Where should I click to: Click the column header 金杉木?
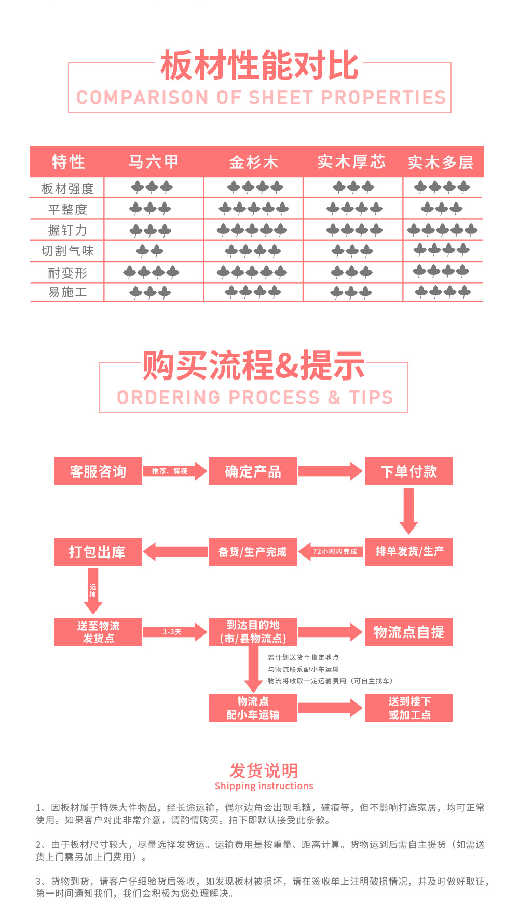pos(254,163)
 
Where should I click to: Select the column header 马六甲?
pos(154,162)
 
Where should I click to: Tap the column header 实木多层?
pos(441,163)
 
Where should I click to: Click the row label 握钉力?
pos(67,230)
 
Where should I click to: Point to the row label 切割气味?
pos(67,251)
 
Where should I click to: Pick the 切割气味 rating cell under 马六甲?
pos(150,251)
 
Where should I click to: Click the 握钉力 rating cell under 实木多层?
pos(442,229)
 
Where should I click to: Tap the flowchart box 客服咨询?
pos(98,471)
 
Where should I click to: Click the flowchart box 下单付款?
pos(409,471)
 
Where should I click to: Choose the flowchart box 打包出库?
pos(98,552)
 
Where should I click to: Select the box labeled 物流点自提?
pos(409,632)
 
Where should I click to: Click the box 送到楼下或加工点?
pos(409,708)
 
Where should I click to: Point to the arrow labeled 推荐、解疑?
pos(174,471)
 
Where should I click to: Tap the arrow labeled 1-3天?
pos(174,632)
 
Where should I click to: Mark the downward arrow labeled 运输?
pos(93,591)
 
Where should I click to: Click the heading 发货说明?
pos(264,770)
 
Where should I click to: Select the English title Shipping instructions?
pos(264,786)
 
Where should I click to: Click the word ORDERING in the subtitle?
pos(169,398)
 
